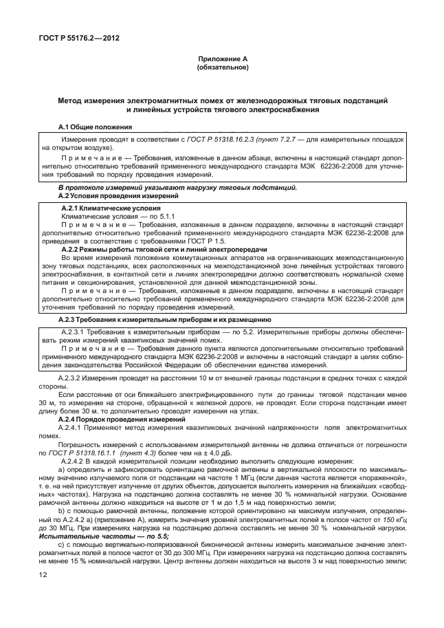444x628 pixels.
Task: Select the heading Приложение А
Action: (222, 61)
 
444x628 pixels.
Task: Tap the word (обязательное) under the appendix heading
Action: (222, 68)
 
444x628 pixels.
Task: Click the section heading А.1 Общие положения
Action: (95, 127)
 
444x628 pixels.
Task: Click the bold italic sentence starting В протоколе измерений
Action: (177, 188)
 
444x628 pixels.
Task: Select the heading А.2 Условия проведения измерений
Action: (116, 195)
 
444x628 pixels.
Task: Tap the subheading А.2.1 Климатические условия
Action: (111, 208)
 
